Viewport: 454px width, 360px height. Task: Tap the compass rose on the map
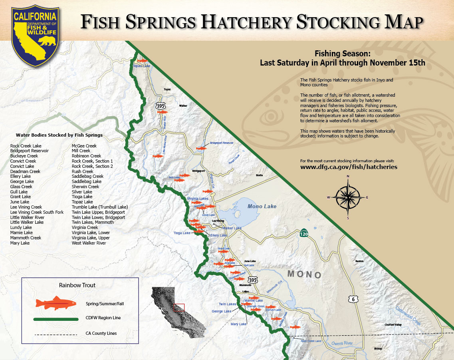348,197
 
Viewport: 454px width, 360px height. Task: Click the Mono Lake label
262,206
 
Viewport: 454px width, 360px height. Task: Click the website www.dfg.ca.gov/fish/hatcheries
349,167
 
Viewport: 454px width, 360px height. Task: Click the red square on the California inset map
179,307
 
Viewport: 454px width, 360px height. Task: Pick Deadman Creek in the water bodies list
25,171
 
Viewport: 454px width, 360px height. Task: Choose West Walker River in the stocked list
89,243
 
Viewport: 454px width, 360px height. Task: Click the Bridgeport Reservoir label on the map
221,143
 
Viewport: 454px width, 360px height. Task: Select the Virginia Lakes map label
198,199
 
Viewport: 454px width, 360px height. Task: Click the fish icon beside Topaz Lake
142,61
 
